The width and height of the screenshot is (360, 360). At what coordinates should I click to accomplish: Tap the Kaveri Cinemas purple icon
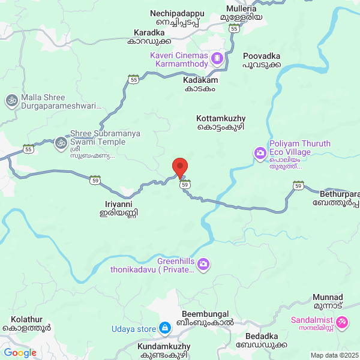tap(217, 59)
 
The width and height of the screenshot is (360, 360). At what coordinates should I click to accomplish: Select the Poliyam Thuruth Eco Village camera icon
tap(260, 154)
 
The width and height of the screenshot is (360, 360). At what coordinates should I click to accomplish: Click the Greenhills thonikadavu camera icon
tap(204, 263)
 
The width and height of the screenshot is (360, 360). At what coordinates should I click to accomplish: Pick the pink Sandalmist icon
tap(342, 322)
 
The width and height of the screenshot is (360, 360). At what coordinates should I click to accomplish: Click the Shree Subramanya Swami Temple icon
tap(60, 143)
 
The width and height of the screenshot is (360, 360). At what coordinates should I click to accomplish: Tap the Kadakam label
tap(201, 83)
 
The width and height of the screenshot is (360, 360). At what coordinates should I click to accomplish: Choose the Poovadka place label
tap(262, 60)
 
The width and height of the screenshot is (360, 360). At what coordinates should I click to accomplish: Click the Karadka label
tap(149, 37)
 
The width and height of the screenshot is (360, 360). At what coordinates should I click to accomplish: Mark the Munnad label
tap(328, 302)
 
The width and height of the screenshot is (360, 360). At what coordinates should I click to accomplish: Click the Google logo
tap(20, 353)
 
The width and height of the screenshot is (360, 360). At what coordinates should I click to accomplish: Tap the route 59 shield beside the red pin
tap(186, 184)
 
